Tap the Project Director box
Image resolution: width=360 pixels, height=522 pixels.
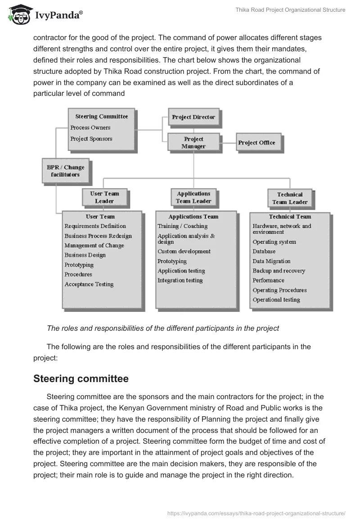coord(193,117)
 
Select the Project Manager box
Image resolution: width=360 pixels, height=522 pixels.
coord(193,142)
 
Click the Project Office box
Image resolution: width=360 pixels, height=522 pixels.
coord(256,143)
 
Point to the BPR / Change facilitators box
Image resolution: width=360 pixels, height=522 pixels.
coord(66,171)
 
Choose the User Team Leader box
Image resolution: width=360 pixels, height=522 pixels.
coord(104,198)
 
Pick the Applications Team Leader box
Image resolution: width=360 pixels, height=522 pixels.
coord(193,197)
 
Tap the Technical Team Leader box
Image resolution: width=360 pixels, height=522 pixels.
coord(289,198)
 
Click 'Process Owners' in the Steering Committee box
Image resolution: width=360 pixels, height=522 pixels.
coord(90,128)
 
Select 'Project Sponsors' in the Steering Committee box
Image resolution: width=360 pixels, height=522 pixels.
coord(91,139)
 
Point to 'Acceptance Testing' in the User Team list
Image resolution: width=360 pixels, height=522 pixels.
coord(89,284)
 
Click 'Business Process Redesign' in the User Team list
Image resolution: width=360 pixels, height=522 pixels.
coord(98,236)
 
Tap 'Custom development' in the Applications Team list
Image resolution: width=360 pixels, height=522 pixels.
coord(184,252)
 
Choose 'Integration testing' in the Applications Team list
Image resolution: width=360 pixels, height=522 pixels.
coord(180,280)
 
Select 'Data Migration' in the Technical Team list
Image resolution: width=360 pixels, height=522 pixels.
coord(271,261)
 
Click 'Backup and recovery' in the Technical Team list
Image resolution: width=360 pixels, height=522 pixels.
coord(279,271)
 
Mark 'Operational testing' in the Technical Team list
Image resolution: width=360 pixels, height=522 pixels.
coord(276,300)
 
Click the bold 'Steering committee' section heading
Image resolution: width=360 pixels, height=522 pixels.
coord(81,379)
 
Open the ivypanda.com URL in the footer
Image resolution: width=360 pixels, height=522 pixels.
coord(256,513)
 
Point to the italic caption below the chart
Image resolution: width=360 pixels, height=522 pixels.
coord(163,328)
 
